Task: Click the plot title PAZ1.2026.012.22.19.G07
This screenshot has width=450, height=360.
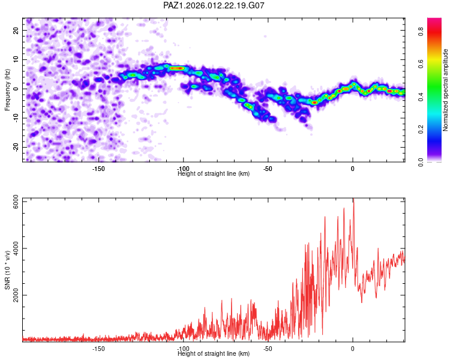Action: click(x=214, y=5)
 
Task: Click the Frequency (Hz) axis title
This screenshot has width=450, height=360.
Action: click(x=7, y=90)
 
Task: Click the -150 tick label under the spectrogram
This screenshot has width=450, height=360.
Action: click(x=98, y=169)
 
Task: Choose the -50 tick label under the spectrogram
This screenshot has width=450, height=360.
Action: click(x=268, y=169)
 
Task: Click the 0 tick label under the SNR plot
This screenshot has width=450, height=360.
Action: click(x=353, y=349)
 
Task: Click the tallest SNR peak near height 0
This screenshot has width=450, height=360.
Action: click(x=353, y=202)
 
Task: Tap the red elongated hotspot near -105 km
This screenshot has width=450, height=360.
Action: click(x=176, y=68)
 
